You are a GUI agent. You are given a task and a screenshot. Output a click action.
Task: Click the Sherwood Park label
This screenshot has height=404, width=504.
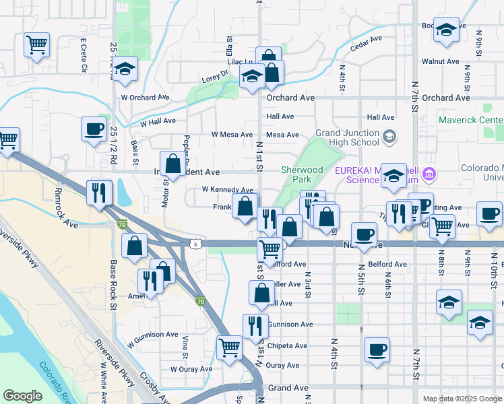(303, 175)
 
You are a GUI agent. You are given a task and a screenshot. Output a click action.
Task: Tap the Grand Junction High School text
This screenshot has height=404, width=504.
(347, 137)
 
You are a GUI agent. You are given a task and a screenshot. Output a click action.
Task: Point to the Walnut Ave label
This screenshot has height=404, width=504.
(440, 61)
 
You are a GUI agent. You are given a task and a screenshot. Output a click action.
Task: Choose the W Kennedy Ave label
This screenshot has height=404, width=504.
(227, 191)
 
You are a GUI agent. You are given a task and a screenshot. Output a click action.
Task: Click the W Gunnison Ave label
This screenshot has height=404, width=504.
(152, 335)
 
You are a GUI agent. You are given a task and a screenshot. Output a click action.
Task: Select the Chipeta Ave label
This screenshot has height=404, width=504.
(287, 346)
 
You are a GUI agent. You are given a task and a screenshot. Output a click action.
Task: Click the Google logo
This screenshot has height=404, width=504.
(22, 396)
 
